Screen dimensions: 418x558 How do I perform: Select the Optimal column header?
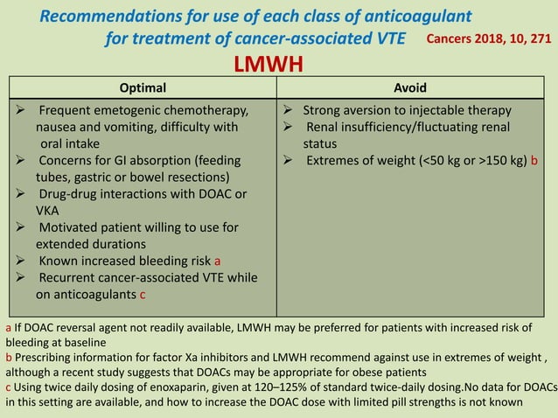pyautogui.click(x=142, y=87)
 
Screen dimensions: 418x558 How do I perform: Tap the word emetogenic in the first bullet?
pyautogui.click(x=133, y=111)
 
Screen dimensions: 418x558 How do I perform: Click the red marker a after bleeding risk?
pyautogui.click(x=218, y=261)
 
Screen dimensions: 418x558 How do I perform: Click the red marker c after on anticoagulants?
pyautogui.click(x=143, y=294)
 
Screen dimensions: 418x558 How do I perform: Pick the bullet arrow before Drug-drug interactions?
pyautogui.click(x=22, y=193)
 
